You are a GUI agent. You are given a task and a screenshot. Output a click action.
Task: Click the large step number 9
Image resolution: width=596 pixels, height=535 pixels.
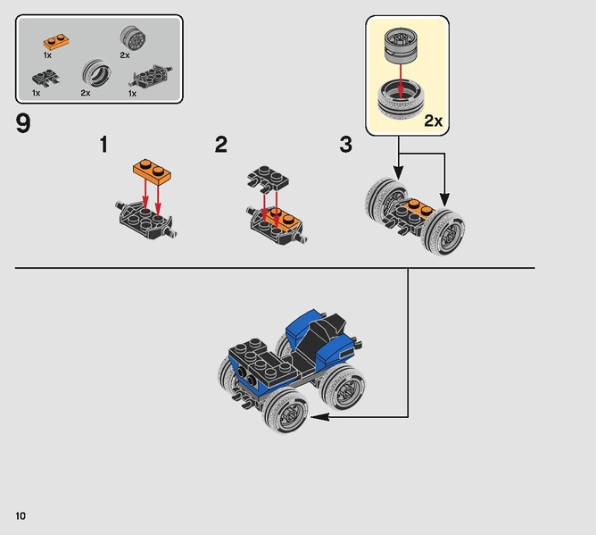point(23,123)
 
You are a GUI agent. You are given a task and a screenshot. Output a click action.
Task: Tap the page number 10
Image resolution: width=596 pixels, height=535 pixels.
point(21,515)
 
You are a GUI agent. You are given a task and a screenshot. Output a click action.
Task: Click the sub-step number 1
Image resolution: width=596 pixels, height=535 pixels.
point(103,145)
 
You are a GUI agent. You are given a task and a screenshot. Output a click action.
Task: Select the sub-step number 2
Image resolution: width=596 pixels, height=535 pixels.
point(221,145)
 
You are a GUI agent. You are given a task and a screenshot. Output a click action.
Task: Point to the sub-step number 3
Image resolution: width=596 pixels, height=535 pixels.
point(346,145)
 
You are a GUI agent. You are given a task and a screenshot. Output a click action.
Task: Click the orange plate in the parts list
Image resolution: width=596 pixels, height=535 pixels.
point(56,41)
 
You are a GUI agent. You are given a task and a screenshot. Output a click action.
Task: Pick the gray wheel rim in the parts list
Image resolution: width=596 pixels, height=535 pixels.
point(133,38)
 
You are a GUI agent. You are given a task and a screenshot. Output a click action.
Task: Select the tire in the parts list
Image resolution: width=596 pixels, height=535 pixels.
point(96,72)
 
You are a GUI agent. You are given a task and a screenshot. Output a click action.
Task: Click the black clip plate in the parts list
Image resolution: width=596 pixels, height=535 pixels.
point(46,77)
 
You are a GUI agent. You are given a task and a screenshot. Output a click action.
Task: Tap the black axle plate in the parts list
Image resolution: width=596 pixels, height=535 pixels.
point(151,76)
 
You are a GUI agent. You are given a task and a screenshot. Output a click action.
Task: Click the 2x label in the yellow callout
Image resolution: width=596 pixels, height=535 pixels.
point(434,121)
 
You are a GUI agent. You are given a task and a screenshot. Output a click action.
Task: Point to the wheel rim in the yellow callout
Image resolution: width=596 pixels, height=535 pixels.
point(401,46)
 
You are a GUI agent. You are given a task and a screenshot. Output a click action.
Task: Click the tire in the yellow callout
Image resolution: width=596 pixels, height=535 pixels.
point(401,100)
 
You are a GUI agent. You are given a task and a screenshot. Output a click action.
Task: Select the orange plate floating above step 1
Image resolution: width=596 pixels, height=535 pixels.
point(152,171)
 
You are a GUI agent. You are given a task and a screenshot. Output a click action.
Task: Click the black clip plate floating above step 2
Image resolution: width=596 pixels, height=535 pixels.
point(268,178)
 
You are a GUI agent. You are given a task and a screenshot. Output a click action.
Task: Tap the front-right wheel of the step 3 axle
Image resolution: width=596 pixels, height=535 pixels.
point(443,231)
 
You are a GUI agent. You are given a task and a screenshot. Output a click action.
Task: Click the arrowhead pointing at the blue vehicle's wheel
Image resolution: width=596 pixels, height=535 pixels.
point(319,417)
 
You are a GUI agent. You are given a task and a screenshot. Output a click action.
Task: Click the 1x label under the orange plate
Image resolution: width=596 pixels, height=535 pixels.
point(47,55)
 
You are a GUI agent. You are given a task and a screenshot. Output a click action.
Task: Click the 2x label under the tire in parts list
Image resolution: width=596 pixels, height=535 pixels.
point(86,93)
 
